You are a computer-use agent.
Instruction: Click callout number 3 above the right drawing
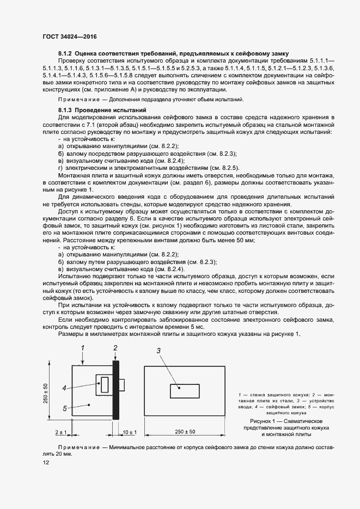pyautogui.click(x=158, y=351)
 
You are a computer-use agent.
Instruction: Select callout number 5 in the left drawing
pyautogui.click(x=64, y=407)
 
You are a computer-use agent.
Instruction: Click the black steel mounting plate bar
pyautogui.click(x=115, y=389)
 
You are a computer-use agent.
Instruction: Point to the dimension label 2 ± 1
pyautogui.click(x=60, y=432)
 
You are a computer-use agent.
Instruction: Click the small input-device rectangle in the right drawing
pyautogui.click(x=184, y=391)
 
